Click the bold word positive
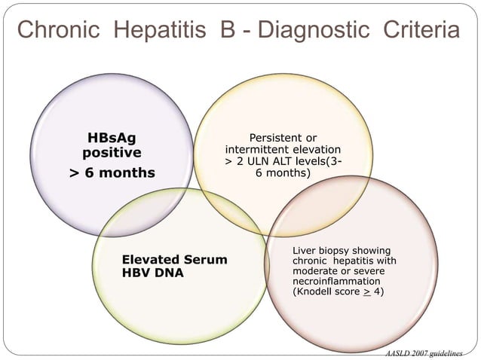[112, 153]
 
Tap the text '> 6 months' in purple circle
[112, 173]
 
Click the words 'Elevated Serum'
[174, 260]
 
